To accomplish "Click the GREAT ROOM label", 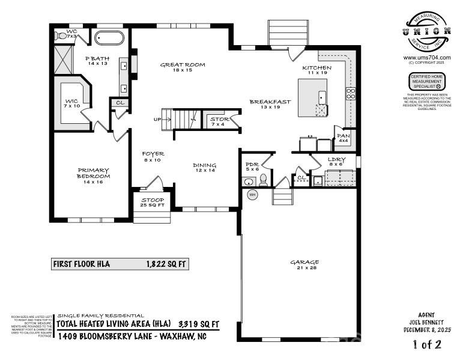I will point(183,65).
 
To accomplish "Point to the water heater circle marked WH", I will point(252,195).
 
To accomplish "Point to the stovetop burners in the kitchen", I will point(351,93).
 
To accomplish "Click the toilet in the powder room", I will point(263,181).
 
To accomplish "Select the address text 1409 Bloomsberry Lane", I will point(132,336).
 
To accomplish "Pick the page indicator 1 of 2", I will point(427,345).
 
